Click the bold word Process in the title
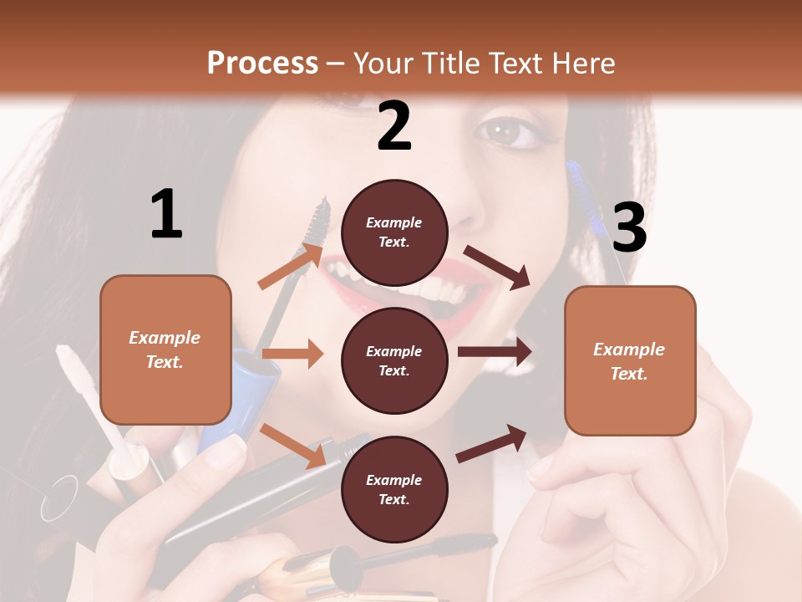[262, 63]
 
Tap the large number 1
[166, 215]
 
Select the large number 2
[394, 127]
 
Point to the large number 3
[629, 228]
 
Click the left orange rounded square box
[165, 349]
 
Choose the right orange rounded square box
[630, 360]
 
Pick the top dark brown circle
[394, 232]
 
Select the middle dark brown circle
[394, 360]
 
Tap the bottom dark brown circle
[394, 489]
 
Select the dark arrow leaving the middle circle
[495, 352]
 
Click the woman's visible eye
[508, 131]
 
